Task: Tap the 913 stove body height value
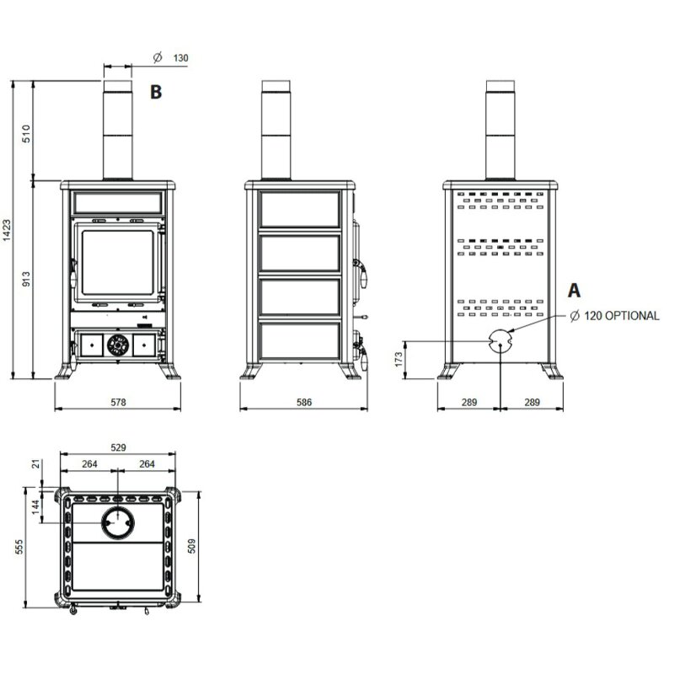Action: coord(25,280)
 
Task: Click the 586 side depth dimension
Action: coord(303,403)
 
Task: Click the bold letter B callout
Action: coord(155,92)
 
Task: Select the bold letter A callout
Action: coord(574,291)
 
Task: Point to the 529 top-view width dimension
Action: coord(118,447)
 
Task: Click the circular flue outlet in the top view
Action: coord(117,523)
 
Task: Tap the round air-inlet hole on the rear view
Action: coord(499,340)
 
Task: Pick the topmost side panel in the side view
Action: coord(300,208)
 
